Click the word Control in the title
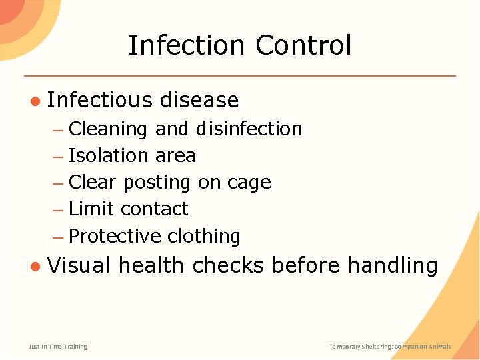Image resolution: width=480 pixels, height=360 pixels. (x=303, y=45)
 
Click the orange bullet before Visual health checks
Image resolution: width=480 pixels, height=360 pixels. (x=35, y=266)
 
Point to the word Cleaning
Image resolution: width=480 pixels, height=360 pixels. (x=108, y=129)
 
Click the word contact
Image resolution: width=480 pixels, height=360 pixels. (x=155, y=209)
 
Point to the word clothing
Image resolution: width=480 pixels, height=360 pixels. (x=204, y=236)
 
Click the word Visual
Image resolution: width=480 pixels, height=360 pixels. (x=79, y=265)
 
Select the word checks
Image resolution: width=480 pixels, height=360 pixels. (x=228, y=265)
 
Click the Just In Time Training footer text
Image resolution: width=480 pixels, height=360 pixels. (x=57, y=347)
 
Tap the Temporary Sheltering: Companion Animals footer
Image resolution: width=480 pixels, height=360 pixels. (x=390, y=347)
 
